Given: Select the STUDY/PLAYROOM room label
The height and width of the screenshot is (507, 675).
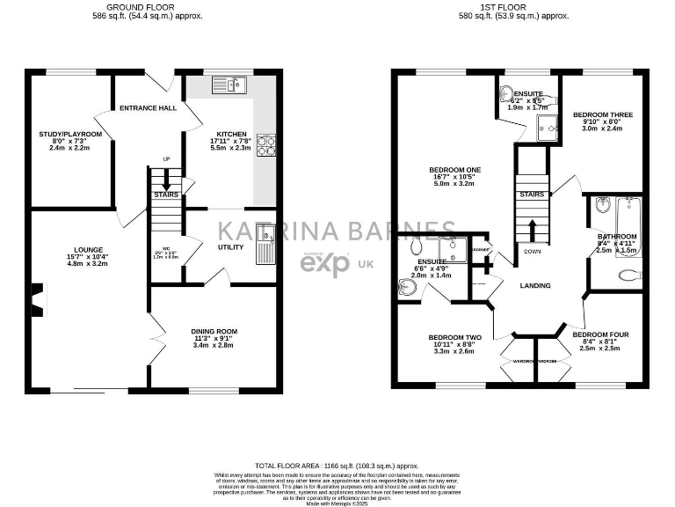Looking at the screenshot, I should tap(70, 134).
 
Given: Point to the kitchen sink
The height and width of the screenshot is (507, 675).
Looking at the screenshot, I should tap(230, 85).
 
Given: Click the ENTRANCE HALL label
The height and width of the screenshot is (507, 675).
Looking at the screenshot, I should tap(148, 108).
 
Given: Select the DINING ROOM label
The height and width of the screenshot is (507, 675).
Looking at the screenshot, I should tap(214, 332).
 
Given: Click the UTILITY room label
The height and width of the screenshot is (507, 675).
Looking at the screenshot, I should tap(230, 247).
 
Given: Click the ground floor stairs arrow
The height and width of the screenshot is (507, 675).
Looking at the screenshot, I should tap(166, 179).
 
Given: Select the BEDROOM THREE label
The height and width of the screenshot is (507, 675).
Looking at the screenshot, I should tap(602, 115).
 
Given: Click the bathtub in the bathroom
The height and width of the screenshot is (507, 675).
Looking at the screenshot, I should tap(630, 218).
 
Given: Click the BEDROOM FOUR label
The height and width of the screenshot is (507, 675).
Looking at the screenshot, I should tap(600, 334).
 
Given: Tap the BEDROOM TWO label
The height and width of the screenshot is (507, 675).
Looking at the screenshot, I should tap(454, 338).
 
